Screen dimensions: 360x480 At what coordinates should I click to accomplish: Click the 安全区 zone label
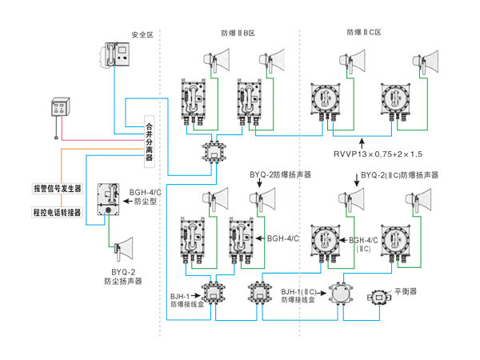[x=141, y=35]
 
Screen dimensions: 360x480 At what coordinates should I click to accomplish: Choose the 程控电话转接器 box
[x=57, y=213]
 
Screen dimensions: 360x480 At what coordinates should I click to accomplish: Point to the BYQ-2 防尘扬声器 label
[x=122, y=277]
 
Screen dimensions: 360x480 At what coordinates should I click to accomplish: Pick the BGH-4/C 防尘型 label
[x=143, y=197]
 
